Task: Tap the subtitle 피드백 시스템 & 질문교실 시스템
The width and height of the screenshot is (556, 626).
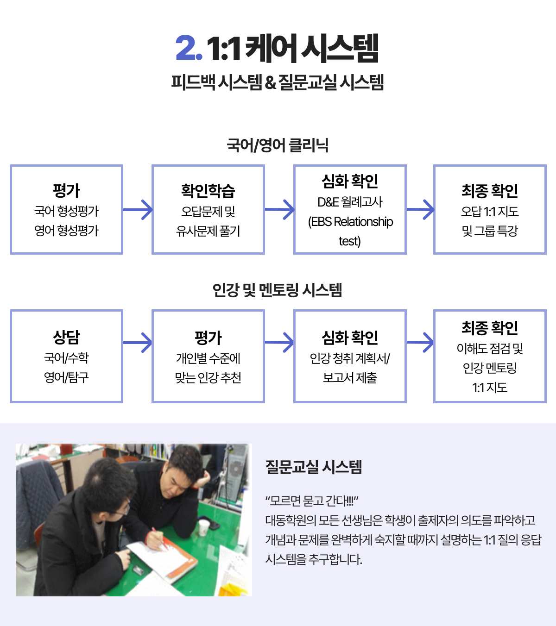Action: pos(278,82)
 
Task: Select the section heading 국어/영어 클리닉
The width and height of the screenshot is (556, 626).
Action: pos(278,145)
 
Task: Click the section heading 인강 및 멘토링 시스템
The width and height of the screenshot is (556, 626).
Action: pos(278,290)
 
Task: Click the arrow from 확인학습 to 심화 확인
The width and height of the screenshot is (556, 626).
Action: pos(279,209)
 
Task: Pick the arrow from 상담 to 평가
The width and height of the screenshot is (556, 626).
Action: pos(138,342)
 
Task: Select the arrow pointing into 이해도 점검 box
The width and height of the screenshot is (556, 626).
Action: pos(420,342)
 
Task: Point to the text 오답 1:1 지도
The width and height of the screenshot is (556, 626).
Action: pos(490,211)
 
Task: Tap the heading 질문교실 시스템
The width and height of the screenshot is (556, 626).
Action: pos(314,467)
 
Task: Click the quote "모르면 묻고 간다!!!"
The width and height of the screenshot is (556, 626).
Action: pos(312,501)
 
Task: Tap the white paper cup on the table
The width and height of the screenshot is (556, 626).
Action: pos(203,527)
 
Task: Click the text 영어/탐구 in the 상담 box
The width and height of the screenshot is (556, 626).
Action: pos(66,377)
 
